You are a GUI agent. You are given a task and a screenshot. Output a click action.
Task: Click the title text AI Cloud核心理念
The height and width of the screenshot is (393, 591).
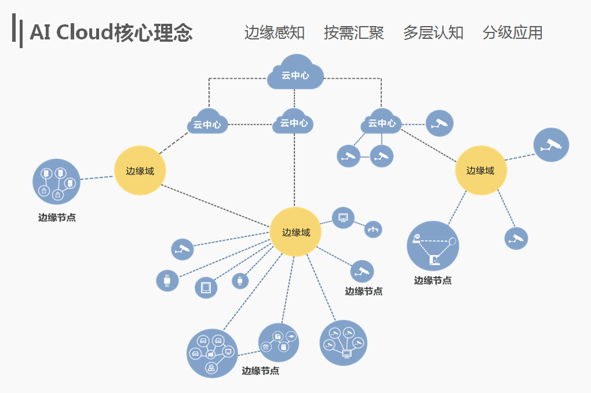[x=111, y=33]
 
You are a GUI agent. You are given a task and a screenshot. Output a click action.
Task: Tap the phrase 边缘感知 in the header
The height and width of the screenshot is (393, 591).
[x=274, y=32]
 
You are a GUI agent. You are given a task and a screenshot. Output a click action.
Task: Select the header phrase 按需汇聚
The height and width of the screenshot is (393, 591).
[x=353, y=32]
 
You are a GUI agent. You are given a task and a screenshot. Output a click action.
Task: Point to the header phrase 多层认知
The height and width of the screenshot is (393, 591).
[x=433, y=32]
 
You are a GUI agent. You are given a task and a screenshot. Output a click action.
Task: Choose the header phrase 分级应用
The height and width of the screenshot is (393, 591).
[x=512, y=32]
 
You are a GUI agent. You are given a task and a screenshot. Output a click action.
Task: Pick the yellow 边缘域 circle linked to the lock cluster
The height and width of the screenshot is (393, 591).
[x=140, y=171]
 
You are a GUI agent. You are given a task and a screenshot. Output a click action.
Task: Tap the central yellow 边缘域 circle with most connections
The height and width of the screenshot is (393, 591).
[x=295, y=232]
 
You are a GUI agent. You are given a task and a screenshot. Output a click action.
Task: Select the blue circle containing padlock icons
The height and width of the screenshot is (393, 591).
[x=56, y=181]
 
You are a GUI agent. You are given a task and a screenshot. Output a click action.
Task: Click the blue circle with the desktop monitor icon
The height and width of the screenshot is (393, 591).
[x=343, y=218]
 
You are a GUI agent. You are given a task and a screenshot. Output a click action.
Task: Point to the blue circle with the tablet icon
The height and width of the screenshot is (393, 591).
[x=206, y=287]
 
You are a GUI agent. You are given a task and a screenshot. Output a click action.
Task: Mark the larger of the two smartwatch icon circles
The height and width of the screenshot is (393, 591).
[x=167, y=281]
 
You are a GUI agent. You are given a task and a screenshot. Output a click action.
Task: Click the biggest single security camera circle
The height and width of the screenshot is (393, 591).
[x=551, y=145]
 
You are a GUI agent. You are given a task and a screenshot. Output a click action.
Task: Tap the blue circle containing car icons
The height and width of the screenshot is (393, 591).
[x=212, y=353]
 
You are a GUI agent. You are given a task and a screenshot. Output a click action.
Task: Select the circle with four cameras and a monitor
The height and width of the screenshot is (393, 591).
[x=343, y=343]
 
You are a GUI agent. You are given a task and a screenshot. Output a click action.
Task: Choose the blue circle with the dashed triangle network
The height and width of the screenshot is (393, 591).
[x=433, y=246]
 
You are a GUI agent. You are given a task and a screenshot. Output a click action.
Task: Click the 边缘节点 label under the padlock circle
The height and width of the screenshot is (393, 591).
[x=57, y=218]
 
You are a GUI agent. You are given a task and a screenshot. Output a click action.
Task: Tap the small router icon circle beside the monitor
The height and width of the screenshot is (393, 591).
[x=373, y=229]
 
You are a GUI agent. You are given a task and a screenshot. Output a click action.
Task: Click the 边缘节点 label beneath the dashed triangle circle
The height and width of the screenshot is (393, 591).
[x=433, y=281]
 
